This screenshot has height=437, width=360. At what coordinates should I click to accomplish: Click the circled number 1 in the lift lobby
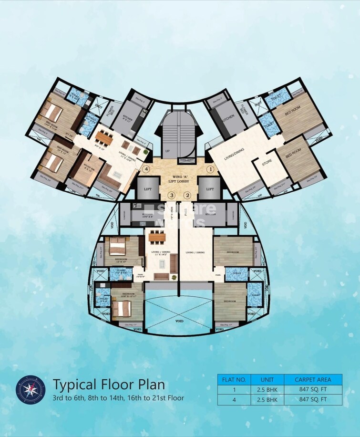(x=208, y=169)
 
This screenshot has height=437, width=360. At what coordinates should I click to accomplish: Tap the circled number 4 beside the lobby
(x=147, y=169)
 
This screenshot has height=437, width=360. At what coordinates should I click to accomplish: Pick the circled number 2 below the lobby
(x=187, y=195)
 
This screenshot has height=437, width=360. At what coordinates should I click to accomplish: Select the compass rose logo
(x=31, y=390)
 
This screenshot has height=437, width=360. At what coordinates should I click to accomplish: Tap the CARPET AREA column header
(x=313, y=380)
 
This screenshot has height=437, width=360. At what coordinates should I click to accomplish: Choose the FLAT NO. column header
(x=234, y=380)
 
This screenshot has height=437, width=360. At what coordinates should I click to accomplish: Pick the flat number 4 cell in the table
(x=234, y=400)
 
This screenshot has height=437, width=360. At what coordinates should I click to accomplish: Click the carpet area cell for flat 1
(x=313, y=390)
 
